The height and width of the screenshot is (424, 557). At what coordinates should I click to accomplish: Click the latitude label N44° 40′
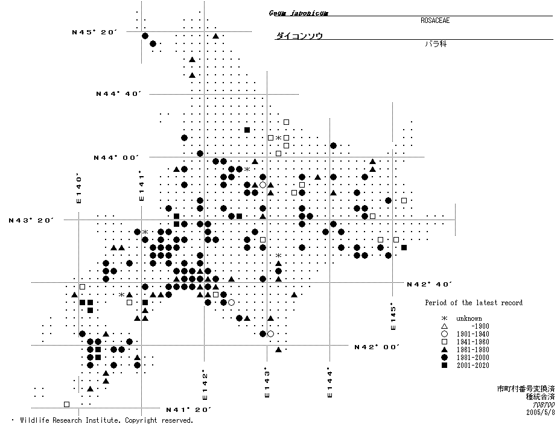point(118,94)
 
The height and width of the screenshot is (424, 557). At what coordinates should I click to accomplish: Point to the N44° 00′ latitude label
point(116,157)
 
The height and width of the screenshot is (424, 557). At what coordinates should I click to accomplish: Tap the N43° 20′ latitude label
point(31,220)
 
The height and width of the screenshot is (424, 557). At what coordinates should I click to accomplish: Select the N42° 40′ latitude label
point(429,283)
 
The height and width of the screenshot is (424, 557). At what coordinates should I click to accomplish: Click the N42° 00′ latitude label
point(377,347)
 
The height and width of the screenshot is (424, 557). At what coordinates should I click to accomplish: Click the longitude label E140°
point(78,188)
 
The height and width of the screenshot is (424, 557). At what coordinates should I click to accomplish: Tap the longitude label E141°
point(141,185)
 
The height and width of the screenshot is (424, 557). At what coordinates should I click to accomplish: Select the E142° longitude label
point(205,384)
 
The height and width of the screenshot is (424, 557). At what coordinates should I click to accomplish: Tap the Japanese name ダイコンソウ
point(299,36)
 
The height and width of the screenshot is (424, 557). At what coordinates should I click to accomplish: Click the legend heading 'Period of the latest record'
point(473,303)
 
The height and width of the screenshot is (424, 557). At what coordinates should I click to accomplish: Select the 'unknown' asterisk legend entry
point(468,318)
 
